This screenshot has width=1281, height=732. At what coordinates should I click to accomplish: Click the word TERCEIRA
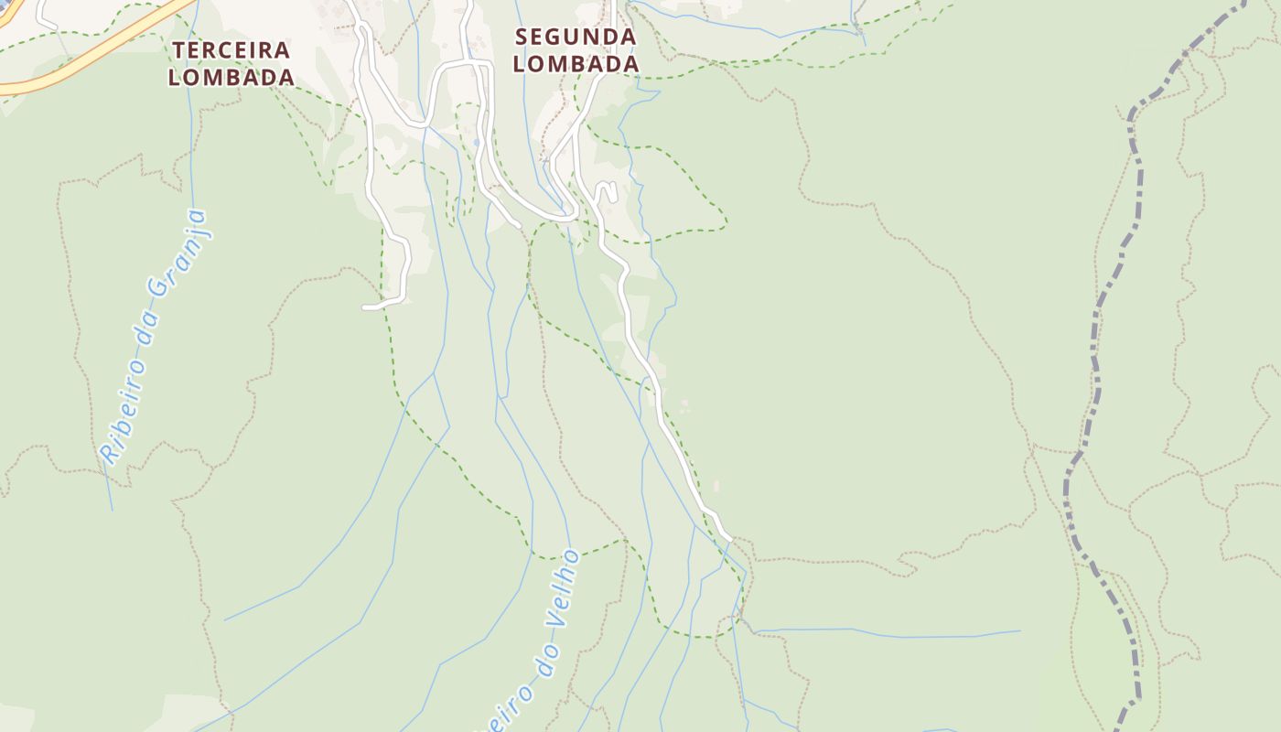coord(231,49)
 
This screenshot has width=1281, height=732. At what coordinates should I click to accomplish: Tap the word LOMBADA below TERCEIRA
coord(231,77)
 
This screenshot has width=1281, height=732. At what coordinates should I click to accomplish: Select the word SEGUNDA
coord(576,37)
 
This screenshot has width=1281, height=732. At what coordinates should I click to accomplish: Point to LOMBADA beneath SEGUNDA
coord(576,64)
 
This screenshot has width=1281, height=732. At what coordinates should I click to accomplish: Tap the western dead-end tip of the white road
coord(365,307)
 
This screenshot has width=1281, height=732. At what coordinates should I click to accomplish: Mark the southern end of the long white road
coord(728,538)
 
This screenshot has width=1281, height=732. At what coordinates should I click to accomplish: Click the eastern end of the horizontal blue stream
coord(1018,630)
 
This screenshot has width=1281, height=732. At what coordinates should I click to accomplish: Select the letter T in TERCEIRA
coord(180,49)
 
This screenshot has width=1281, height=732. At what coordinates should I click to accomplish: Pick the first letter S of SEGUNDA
coord(522,37)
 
